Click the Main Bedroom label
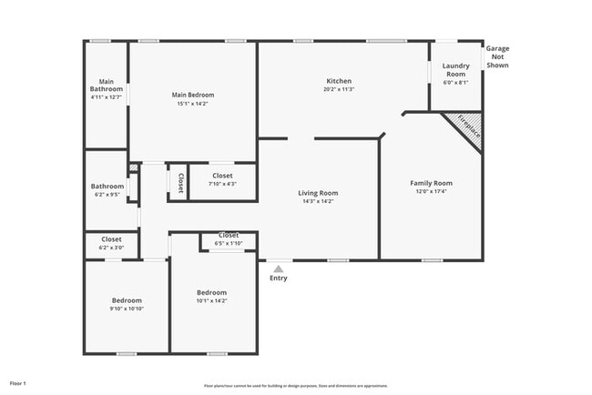(x=193, y=95)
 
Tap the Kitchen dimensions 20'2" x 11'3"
(x=339, y=89)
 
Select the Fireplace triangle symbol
(x=465, y=128)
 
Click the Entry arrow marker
(x=279, y=268)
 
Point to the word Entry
(x=279, y=279)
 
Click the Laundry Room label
(x=455, y=70)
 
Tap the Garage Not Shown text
(x=497, y=57)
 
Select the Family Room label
(x=430, y=183)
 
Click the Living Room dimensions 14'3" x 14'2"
(x=319, y=201)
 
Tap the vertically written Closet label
(x=180, y=183)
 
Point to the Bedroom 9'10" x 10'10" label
(x=127, y=300)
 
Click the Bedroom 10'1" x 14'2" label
(x=211, y=292)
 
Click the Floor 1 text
(x=18, y=383)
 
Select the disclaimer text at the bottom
(x=295, y=385)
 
